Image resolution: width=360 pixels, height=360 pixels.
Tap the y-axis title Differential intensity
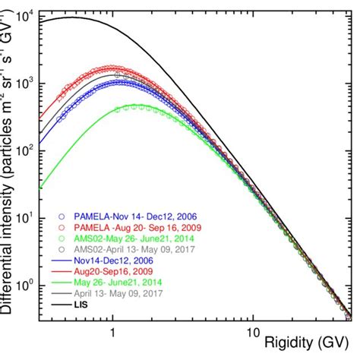click(9, 175)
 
